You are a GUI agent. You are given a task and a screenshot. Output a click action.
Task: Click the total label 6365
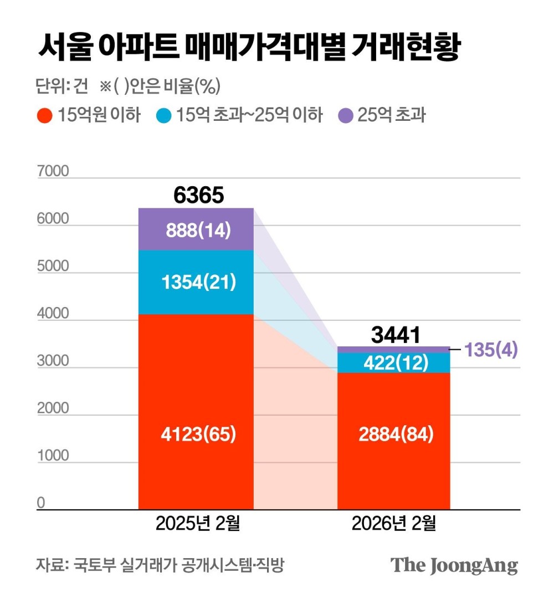point(198,195)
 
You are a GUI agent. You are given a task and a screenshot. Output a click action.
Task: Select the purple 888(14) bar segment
point(196,229)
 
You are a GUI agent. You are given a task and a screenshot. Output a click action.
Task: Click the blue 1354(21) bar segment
point(196,282)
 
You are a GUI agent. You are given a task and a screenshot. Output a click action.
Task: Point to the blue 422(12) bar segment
point(394,362)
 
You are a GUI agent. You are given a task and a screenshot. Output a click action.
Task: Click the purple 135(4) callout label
point(491,350)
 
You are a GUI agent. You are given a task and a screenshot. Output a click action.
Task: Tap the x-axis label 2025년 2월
point(197,523)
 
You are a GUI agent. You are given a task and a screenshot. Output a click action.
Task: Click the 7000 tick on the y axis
point(53,171)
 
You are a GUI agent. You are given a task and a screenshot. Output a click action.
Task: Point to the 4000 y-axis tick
point(53,314)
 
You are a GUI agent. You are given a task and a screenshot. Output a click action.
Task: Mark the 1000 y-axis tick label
point(53,456)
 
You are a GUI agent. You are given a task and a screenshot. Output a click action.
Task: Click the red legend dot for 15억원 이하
point(44,116)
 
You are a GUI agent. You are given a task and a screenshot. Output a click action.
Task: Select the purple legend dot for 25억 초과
point(346,116)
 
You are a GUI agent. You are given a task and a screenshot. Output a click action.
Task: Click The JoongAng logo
point(454,565)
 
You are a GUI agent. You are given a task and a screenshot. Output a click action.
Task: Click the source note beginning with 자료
point(160,565)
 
